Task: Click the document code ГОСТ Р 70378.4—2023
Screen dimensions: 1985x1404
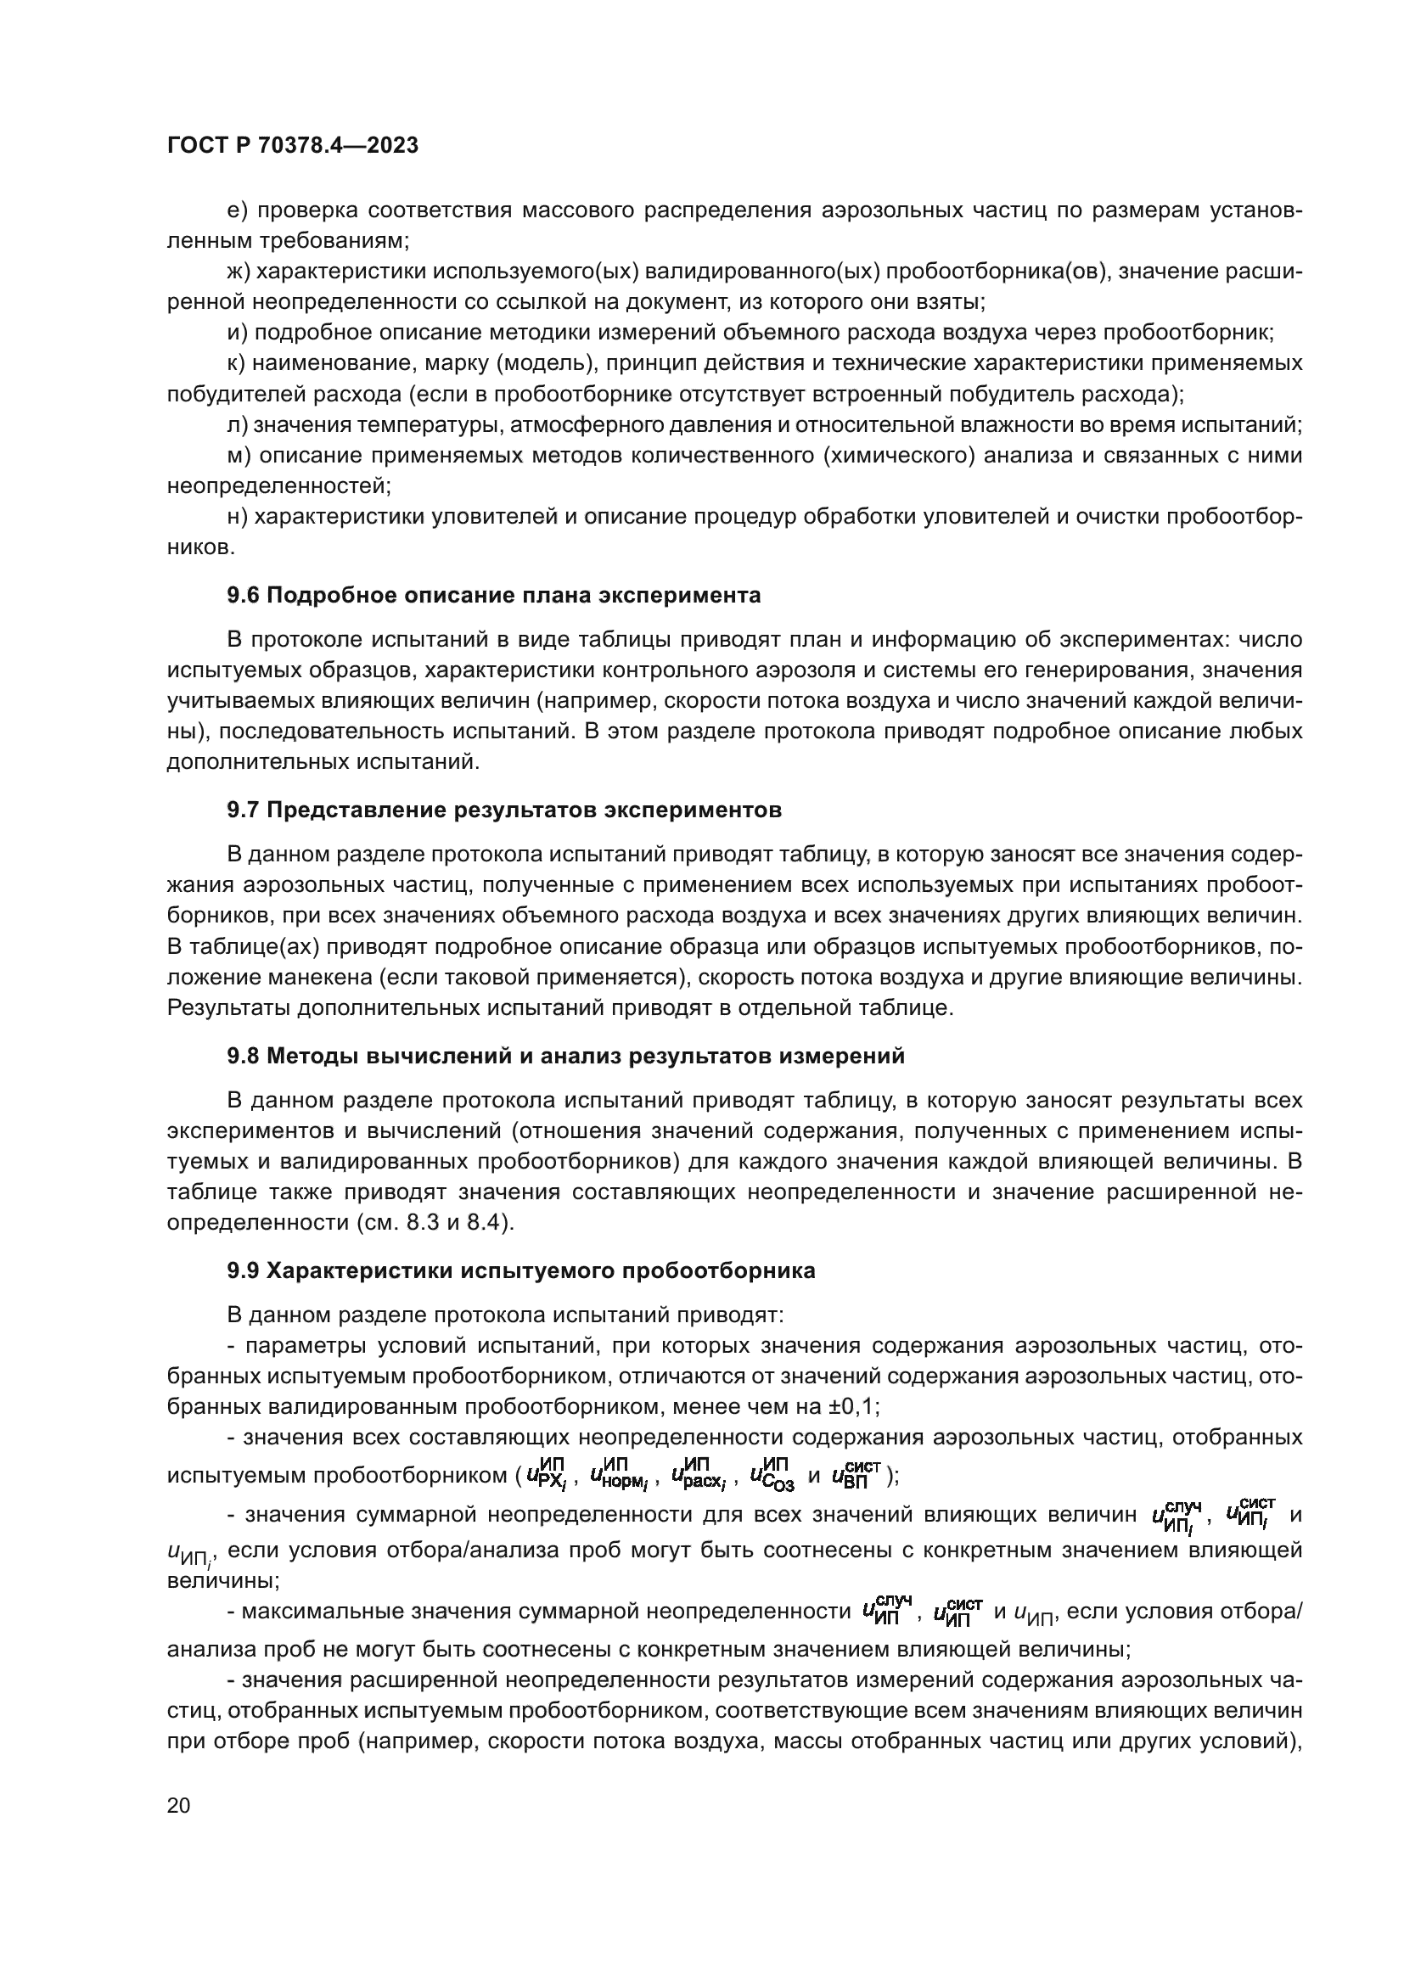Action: [x=292, y=145]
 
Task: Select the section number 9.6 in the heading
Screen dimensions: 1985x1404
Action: [x=244, y=595]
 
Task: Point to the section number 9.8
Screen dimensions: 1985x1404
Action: [x=244, y=1056]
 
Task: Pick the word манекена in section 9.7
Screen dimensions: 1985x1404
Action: [x=288, y=978]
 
